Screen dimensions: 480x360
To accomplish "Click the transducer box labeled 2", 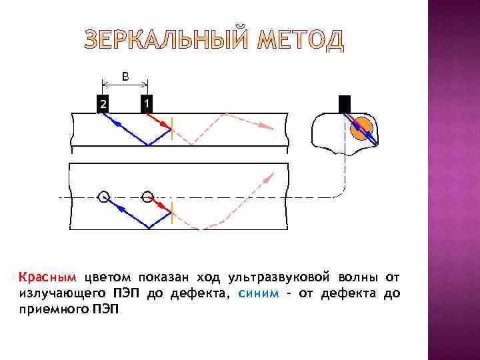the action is click(103, 104).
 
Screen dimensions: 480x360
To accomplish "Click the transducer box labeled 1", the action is click(147, 104).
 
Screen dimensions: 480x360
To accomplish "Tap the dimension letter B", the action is click(125, 76).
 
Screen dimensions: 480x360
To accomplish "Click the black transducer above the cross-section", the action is click(344, 104).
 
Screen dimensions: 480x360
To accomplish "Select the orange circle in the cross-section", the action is click(362, 128).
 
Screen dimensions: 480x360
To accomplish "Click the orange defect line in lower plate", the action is click(172, 212).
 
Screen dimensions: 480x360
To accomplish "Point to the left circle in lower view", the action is click(103, 197).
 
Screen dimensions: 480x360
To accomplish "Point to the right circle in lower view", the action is click(147, 197).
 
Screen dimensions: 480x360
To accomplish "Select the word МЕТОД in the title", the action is click(301, 41).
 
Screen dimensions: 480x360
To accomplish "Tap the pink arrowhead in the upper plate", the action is click(267, 127).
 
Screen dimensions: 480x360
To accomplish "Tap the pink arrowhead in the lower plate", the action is click(270, 177).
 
